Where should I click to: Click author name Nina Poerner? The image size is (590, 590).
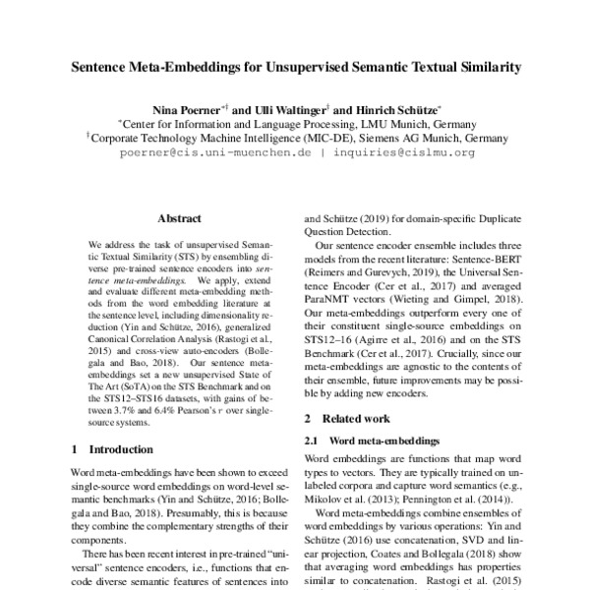[x=182, y=110]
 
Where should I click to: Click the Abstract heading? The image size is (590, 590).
[x=179, y=219]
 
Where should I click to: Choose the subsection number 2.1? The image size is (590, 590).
[x=313, y=439]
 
